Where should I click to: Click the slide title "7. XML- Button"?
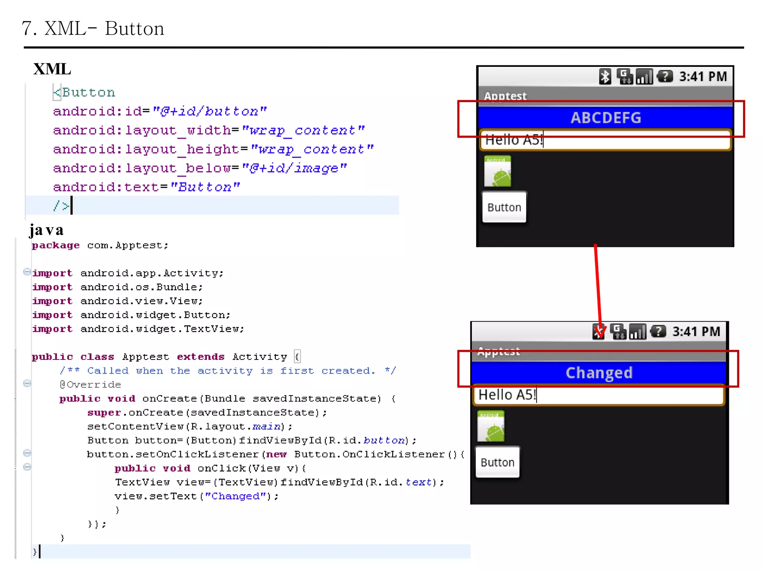coord(93,29)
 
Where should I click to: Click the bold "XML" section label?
coord(52,69)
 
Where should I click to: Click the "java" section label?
coord(47,230)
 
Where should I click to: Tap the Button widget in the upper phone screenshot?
coord(504,207)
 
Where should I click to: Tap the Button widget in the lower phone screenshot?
coord(497,462)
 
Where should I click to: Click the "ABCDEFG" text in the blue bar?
coord(606,118)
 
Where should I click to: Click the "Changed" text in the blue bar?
coord(599,373)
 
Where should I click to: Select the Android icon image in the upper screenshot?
coord(497,171)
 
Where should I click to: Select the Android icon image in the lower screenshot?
coord(491,426)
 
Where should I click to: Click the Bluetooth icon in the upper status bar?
coord(605,77)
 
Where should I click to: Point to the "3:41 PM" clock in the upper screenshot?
coord(703,77)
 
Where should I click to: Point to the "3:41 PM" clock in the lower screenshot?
coord(696,332)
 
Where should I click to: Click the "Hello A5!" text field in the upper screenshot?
coord(605,140)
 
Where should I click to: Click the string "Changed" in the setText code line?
coord(236,496)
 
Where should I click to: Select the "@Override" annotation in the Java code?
coord(90,384)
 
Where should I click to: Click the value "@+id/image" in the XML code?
coord(294,168)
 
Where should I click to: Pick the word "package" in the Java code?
coord(56,245)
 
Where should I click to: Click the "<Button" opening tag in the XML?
coord(84,92)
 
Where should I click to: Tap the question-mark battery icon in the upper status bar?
coord(665,77)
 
